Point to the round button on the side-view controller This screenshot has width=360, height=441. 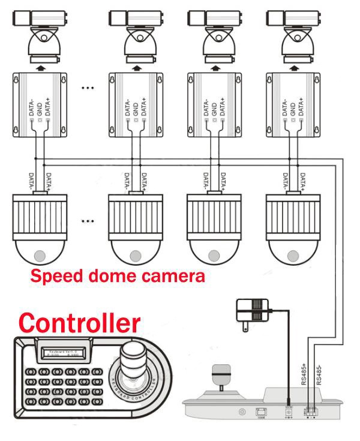pyautogui.click(x=242, y=412)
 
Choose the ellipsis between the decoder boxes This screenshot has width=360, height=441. pyautogui.click(x=88, y=88)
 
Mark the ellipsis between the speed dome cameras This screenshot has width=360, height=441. pyautogui.click(x=88, y=221)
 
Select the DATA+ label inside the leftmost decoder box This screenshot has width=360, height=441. pyautogui.click(x=47, y=105)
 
